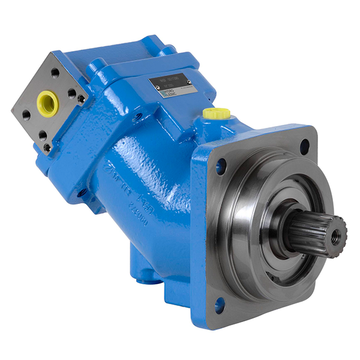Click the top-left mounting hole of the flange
point(221,166)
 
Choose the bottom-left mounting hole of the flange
point(220,304)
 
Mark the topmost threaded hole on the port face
point(55,73)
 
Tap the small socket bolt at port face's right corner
point(81,98)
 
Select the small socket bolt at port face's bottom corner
point(47,146)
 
